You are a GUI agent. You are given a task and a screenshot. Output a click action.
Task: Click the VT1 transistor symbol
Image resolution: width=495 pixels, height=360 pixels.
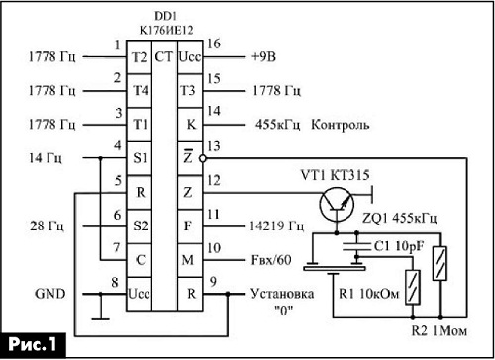click(x=337, y=205)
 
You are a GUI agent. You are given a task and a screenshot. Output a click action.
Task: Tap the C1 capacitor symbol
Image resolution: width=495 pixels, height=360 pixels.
click(x=356, y=246)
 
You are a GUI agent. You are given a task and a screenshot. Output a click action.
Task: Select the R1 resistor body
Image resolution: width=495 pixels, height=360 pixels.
click(x=413, y=287)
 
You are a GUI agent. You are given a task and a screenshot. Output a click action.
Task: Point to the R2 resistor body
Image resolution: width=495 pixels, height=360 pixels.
click(x=440, y=263)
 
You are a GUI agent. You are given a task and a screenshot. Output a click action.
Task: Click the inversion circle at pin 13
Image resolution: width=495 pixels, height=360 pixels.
click(x=203, y=158)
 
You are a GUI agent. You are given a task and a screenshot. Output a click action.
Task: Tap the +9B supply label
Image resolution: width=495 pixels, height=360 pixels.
click(x=263, y=57)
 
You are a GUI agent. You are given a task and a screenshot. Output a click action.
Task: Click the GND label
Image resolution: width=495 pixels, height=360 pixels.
click(x=50, y=294)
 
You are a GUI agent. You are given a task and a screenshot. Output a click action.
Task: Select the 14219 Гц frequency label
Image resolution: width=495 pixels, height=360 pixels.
click(x=276, y=226)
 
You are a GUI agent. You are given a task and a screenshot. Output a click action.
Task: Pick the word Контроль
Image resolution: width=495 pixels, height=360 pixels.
click(x=341, y=125)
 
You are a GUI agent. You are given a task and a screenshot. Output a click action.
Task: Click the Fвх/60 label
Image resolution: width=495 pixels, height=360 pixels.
click(x=271, y=260)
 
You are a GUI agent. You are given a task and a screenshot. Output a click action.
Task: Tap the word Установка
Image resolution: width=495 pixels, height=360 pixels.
click(x=282, y=294)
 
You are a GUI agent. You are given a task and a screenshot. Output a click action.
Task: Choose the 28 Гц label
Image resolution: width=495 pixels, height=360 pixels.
click(x=47, y=226)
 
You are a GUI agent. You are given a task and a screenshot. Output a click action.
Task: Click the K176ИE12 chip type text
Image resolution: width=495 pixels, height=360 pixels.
click(x=166, y=30)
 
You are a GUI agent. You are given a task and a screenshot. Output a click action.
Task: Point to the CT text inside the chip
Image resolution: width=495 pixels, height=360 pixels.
click(x=164, y=57)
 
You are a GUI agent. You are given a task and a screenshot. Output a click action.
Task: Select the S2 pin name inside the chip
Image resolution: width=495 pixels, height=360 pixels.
click(x=141, y=225)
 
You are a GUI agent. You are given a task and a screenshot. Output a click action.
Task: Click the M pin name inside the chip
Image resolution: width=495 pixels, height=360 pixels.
click(x=188, y=260)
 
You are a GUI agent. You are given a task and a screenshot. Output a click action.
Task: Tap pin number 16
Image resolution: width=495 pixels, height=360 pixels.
click(x=214, y=44)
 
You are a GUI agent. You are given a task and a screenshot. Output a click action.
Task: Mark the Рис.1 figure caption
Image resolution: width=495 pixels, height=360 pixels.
click(x=33, y=345)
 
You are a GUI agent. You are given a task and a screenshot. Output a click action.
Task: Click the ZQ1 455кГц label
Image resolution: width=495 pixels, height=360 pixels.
click(x=400, y=218)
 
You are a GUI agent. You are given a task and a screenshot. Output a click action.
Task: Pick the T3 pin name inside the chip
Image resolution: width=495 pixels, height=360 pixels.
click(x=187, y=90)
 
